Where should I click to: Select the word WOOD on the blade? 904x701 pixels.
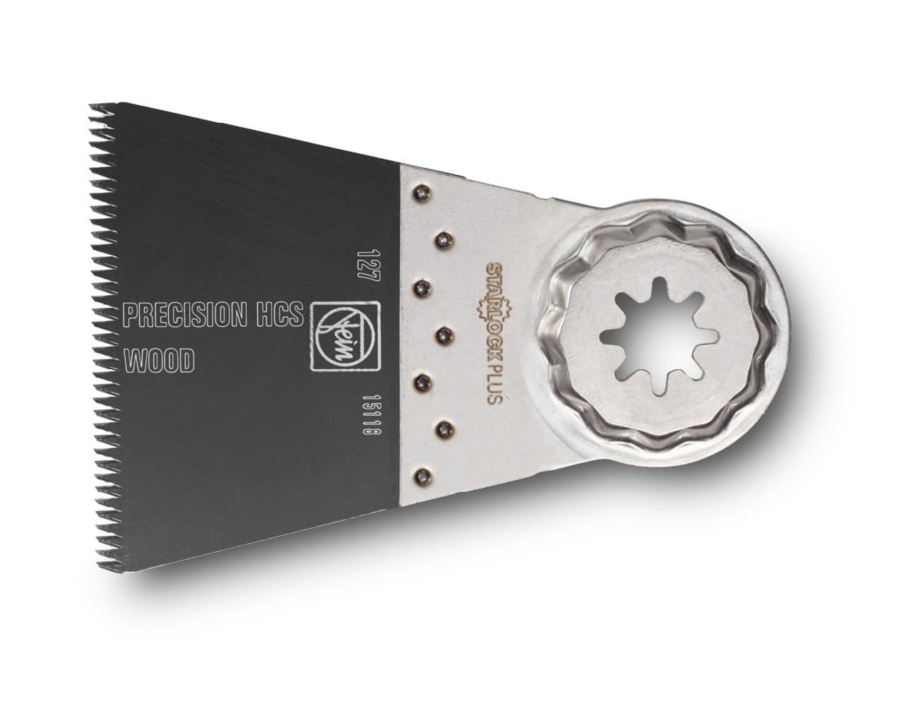(x=159, y=361)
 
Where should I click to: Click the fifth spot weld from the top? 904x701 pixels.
(x=422, y=381)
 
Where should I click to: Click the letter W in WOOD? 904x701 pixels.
(x=133, y=361)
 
